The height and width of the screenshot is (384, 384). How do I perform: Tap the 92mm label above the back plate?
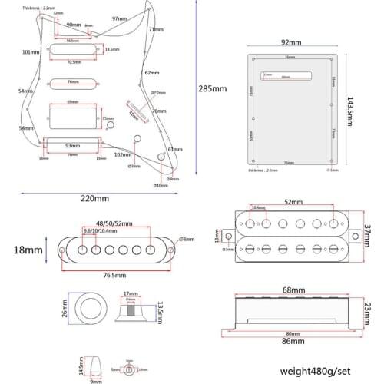(290, 43)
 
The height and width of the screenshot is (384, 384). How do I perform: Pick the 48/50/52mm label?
(112, 223)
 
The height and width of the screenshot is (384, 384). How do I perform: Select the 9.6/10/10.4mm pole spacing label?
(101, 231)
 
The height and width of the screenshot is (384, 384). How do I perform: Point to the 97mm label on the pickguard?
(119, 18)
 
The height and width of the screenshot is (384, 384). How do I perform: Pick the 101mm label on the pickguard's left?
(31, 52)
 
